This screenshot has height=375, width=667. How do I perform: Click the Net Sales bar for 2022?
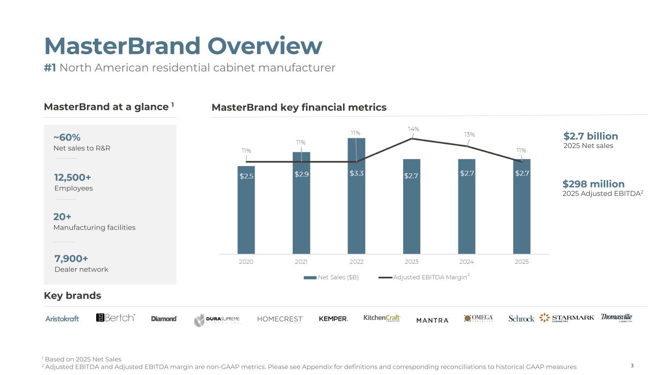[x=356, y=196]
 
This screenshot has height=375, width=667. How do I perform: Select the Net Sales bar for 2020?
[x=246, y=210]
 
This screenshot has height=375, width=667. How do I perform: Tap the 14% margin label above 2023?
[x=413, y=129]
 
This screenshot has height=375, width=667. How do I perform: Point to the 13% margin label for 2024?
[x=469, y=135]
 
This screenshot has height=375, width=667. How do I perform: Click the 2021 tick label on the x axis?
[x=301, y=262]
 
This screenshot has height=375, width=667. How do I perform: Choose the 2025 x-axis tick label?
[x=522, y=262]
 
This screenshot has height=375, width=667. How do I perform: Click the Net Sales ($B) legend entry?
[x=331, y=277]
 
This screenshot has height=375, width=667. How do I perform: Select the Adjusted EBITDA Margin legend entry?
[x=424, y=277]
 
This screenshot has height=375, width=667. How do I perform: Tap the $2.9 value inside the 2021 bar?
[x=301, y=174]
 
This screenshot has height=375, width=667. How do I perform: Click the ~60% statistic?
[x=67, y=138]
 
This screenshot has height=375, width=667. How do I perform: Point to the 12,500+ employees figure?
[x=73, y=177]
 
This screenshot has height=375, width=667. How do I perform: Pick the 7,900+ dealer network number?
[x=71, y=259]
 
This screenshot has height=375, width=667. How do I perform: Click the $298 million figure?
[x=593, y=184]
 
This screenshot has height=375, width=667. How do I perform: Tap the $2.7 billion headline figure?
[x=591, y=136]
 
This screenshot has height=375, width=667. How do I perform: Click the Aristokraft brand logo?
[x=62, y=319]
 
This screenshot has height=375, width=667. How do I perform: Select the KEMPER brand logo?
[x=333, y=319]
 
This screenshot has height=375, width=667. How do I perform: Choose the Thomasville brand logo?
[x=616, y=317]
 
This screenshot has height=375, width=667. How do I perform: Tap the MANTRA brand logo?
[x=432, y=320]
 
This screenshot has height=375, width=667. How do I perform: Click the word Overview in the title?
[x=265, y=46]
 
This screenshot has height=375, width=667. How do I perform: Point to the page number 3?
[x=632, y=365]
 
